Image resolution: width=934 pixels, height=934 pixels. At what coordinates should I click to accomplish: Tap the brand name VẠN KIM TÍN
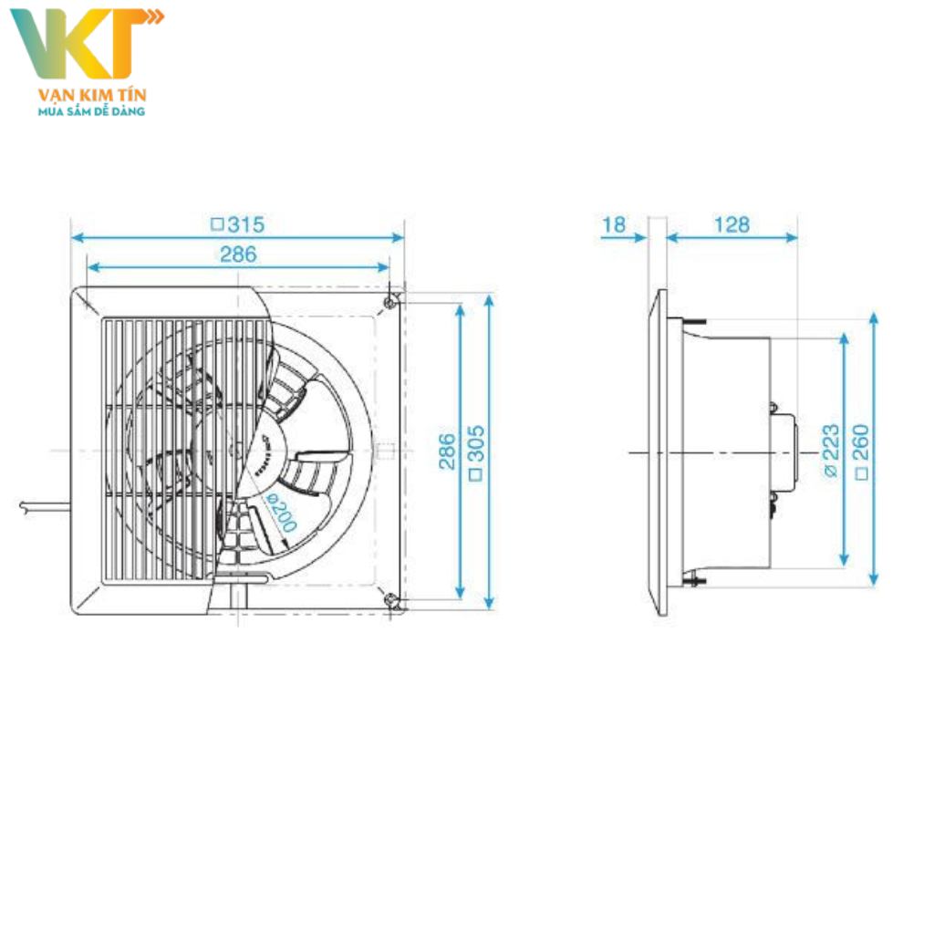click(x=91, y=95)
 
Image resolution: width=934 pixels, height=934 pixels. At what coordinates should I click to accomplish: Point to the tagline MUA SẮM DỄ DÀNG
click(x=91, y=110)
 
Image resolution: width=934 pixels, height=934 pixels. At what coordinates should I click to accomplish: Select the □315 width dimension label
click(x=237, y=224)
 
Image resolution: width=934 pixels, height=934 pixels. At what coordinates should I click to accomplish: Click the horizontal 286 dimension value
click(x=238, y=254)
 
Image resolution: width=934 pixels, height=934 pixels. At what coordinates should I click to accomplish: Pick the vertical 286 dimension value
click(x=447, y=451)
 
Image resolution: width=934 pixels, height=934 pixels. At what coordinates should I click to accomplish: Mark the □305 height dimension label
click(x=476, y=451)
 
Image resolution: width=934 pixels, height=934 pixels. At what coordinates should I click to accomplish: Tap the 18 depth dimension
click(x=615, y=224)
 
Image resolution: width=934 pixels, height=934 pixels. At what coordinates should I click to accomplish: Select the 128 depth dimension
click(x=732, y=224)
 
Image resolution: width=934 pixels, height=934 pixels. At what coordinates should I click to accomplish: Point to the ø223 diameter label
click(x=830, y=451)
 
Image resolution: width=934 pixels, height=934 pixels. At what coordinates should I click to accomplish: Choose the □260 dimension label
click(x=861, y=451)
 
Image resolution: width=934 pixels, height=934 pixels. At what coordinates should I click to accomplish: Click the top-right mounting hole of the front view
click(x=390, y=301)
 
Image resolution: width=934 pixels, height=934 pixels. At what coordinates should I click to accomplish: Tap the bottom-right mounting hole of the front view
click(x=390, y=599)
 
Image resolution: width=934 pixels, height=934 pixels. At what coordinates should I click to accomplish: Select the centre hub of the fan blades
click(x=239, y=449)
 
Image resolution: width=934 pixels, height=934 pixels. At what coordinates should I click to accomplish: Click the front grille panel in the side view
click(x=661, y=452)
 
